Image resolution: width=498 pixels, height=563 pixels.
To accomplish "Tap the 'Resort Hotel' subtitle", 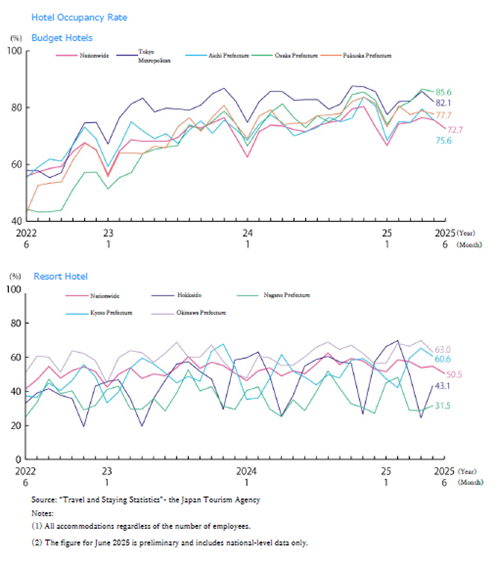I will [x=61, y=276].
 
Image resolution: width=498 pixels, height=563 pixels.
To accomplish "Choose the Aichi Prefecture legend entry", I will [x=228, y=56].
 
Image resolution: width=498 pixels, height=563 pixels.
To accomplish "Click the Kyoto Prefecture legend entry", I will [x=108, y=312].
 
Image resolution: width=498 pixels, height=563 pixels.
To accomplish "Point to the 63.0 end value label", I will [x=461, y=349].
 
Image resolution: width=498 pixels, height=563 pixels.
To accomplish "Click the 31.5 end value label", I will [x=461, y=407].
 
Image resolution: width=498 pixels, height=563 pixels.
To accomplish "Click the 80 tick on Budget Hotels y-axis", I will [x=16, y=108].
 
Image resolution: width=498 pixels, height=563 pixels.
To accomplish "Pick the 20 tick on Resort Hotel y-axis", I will [x=16, y=425].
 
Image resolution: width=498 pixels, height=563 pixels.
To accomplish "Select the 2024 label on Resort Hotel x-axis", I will [x=247, y=471].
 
